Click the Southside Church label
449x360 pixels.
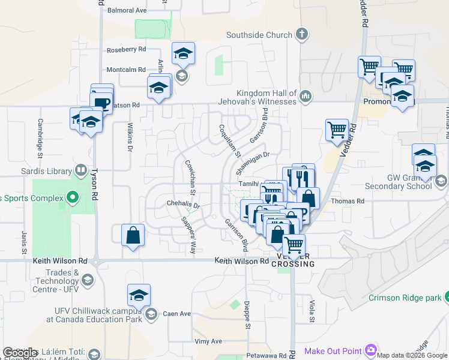(x=259, y=35)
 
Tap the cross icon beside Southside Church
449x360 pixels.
(x=301, y=34)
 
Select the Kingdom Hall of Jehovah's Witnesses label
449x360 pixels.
(x=258, y=97)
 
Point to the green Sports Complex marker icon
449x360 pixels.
(x=73, y=197)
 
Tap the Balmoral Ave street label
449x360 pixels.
(x=127, y=11)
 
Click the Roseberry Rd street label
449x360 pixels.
(x=126, y=50)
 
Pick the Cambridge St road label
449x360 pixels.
(x=40, y=130)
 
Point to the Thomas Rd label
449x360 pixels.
(x=348, y=202)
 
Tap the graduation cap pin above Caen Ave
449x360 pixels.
(x=139, y=295)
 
